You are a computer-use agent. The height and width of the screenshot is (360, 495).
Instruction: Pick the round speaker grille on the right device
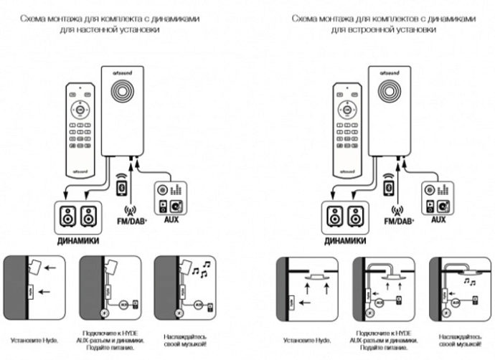click(x=390, y=96)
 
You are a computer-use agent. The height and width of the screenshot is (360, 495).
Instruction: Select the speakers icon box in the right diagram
click(x=345, y=216)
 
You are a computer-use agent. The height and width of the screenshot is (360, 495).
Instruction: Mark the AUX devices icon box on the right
click(x=437, y=196)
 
